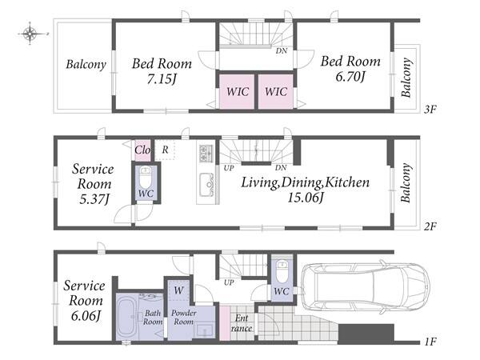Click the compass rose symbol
tap(30, 34)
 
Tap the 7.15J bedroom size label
tap(162, 79)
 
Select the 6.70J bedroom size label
tap(350, 77)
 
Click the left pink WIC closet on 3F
tap(237, 91)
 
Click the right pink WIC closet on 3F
tap(275, 91)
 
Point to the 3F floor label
tap(430, 109)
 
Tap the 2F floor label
tap(430, 226)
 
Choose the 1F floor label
tap(430, 341)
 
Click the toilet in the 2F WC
tap(145, 177)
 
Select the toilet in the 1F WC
tap(281, 271)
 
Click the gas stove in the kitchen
tap(205, 153)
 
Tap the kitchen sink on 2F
tap(206, 184)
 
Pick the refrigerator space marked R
tap(165, 150)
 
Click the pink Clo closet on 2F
tap(142, 150)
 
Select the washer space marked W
tap(178, 290)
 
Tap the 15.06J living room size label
tap(306, 198)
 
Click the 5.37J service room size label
tap(94, 199)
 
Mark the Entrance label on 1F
tap(242, 323)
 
